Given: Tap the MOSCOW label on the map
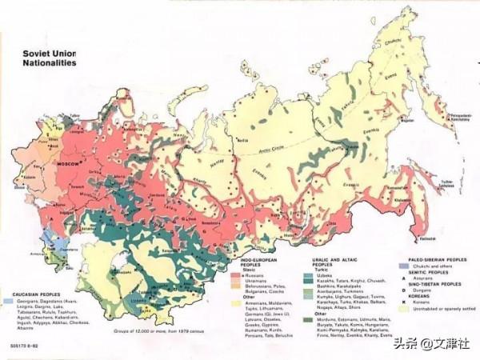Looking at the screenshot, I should tap(67, 162).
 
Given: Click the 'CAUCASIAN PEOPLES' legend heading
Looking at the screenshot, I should tap(32, 294).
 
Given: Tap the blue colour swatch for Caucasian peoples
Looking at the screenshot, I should tap(8, 302).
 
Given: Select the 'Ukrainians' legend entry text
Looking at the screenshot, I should tap(255, 281).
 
